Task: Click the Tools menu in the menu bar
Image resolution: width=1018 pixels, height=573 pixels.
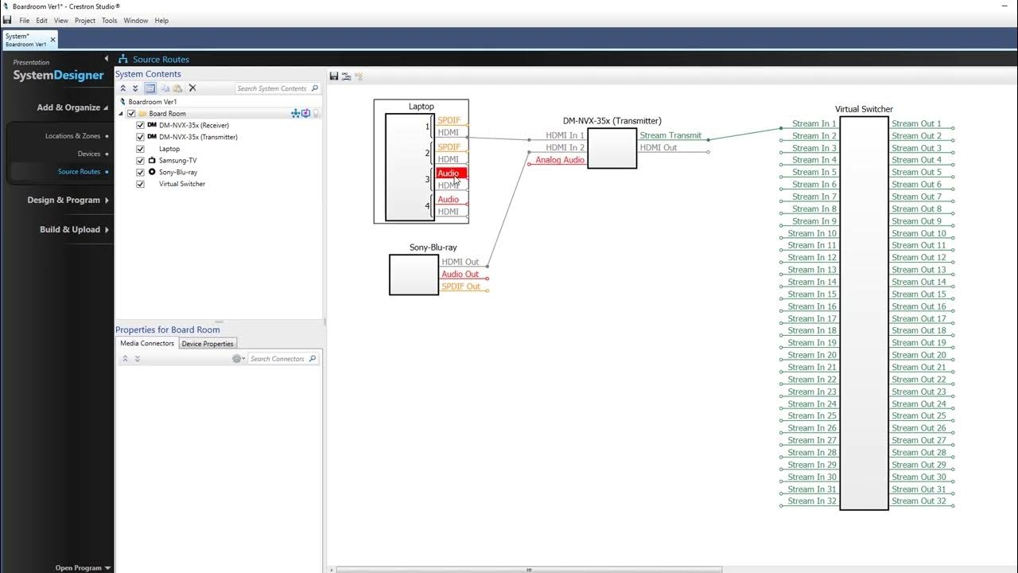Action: [110, 21]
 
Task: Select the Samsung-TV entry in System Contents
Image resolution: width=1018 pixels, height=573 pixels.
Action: [177, 161]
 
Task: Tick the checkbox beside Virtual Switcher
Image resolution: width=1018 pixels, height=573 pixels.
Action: [141, 184]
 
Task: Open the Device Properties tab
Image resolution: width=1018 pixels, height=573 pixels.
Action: [208, 344]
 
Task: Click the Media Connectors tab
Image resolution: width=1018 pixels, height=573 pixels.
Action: [147, 344]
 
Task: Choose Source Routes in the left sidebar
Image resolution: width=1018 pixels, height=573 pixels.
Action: [79, 172]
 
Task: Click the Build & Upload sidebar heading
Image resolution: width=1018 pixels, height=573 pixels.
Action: [70, 230]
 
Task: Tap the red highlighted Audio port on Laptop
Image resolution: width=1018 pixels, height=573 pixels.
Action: [449, 173]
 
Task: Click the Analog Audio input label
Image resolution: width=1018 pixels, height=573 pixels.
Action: [560, 160]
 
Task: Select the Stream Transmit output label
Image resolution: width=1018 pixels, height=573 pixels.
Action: [670, 136]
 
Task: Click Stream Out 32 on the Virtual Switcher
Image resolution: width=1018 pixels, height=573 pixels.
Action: [919, 501]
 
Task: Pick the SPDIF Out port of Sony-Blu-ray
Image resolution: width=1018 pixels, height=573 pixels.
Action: [460, 286]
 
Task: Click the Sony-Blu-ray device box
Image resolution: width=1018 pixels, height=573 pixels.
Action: [414, 275]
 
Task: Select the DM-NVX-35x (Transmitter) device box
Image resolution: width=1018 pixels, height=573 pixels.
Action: [612, 148]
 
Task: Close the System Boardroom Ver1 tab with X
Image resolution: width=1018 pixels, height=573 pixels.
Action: [53, 39]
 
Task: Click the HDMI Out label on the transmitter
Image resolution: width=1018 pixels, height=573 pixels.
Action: [659, 148]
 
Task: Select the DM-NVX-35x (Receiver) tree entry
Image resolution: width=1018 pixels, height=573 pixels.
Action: [193, 126]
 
